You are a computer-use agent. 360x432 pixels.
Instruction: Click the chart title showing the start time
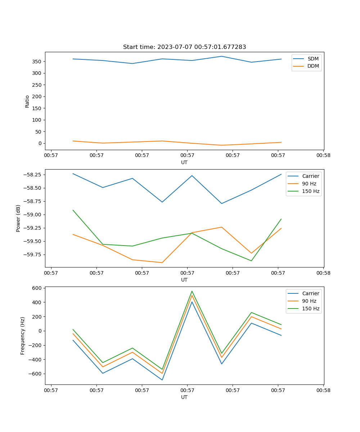pyautogui.click(x=184, y=47)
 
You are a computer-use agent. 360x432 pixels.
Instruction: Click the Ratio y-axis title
pyautogui.click(x=27, y=101)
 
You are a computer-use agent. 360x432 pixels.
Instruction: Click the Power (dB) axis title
pyautogui.click(x=18, y=218)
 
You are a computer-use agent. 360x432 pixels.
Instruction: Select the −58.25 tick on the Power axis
pyautogui.click(x=32, y=175)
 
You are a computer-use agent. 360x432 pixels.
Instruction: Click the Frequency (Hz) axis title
pyautogui.click(x=23, y=336)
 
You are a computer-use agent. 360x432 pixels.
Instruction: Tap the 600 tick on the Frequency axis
pyautogui.click(x=37, y=288)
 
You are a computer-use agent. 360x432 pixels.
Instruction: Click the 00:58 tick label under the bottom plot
pyautogui.click(x=323, y=390)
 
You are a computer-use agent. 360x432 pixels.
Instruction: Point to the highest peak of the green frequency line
pyautogui.click(x=192, y=291)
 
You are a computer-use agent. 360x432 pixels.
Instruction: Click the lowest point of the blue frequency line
pyautogui.click(x=162, y=380)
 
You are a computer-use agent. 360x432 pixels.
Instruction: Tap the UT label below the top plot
pyautogui.click(x=184, y=162)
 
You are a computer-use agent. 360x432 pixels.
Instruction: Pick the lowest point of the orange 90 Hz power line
pyautogui.click(x=162, y=262)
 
